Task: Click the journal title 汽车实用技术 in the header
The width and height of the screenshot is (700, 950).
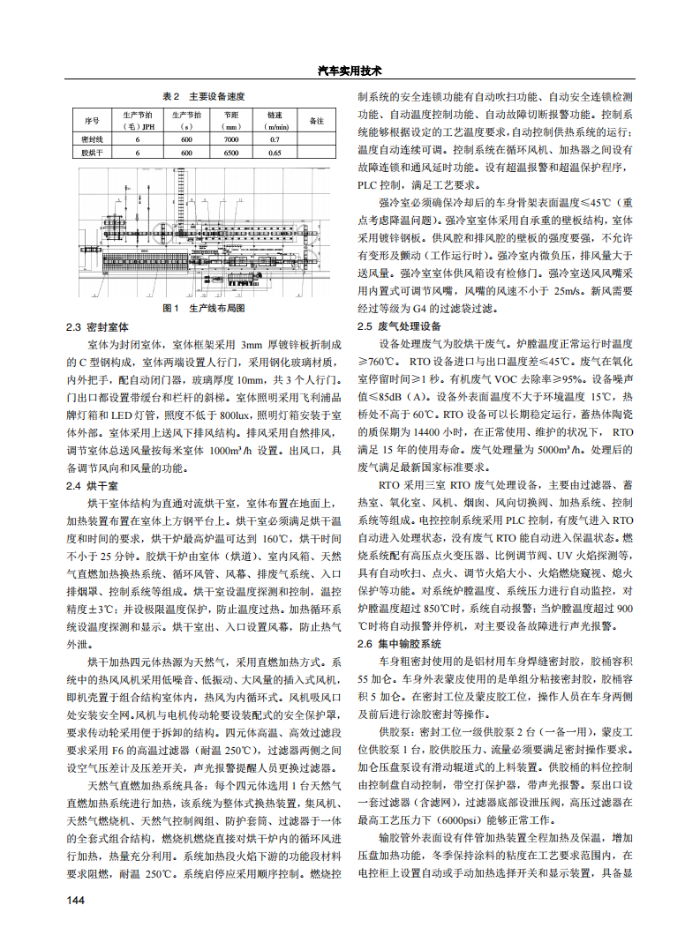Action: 349,71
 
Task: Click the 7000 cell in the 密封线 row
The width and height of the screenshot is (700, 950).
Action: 231,139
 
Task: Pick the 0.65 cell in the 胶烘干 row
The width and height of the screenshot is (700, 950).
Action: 275,153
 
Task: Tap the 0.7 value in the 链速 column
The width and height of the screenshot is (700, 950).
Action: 275,139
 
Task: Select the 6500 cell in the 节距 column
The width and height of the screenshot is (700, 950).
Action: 231,153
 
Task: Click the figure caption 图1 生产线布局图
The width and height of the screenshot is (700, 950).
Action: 203,309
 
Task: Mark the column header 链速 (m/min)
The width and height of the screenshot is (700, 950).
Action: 275,120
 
